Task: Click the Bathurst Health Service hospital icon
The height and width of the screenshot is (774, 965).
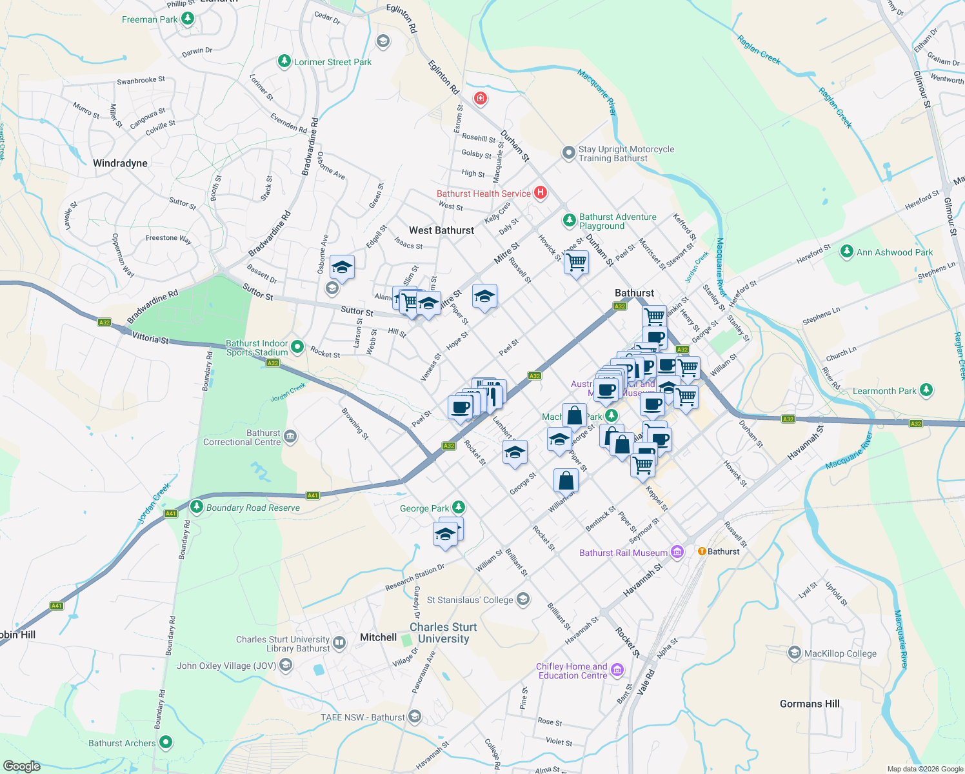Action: [541, 193]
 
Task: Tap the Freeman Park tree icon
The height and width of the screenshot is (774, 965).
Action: [188, 19]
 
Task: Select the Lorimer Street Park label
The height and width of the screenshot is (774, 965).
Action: [333, 62]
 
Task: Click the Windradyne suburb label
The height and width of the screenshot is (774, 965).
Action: [120, 163]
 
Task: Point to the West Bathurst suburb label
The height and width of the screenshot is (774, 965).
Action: [441, 230]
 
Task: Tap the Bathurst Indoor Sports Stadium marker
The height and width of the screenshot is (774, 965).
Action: [297, 347]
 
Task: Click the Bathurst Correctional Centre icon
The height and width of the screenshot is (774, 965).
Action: [290, 437]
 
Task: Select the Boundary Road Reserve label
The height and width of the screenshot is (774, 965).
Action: [253, 508]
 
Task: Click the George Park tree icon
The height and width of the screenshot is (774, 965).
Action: [458, 508]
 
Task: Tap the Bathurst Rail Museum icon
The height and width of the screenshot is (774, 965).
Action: [677, 552]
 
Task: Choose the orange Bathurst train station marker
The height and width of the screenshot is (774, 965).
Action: [702, 551]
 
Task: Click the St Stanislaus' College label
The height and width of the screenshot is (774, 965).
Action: [470, 600]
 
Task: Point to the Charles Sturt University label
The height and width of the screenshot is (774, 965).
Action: [443, 633]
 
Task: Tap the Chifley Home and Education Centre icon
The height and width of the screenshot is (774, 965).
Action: [617, 671]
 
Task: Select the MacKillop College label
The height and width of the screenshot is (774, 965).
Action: [840, 653]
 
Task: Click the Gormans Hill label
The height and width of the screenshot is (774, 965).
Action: [810, 704]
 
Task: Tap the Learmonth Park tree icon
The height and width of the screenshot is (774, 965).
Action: [926, 390]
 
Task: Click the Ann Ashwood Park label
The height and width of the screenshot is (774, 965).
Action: [894, 252]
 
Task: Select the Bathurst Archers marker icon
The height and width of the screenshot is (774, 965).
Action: [166, 742]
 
